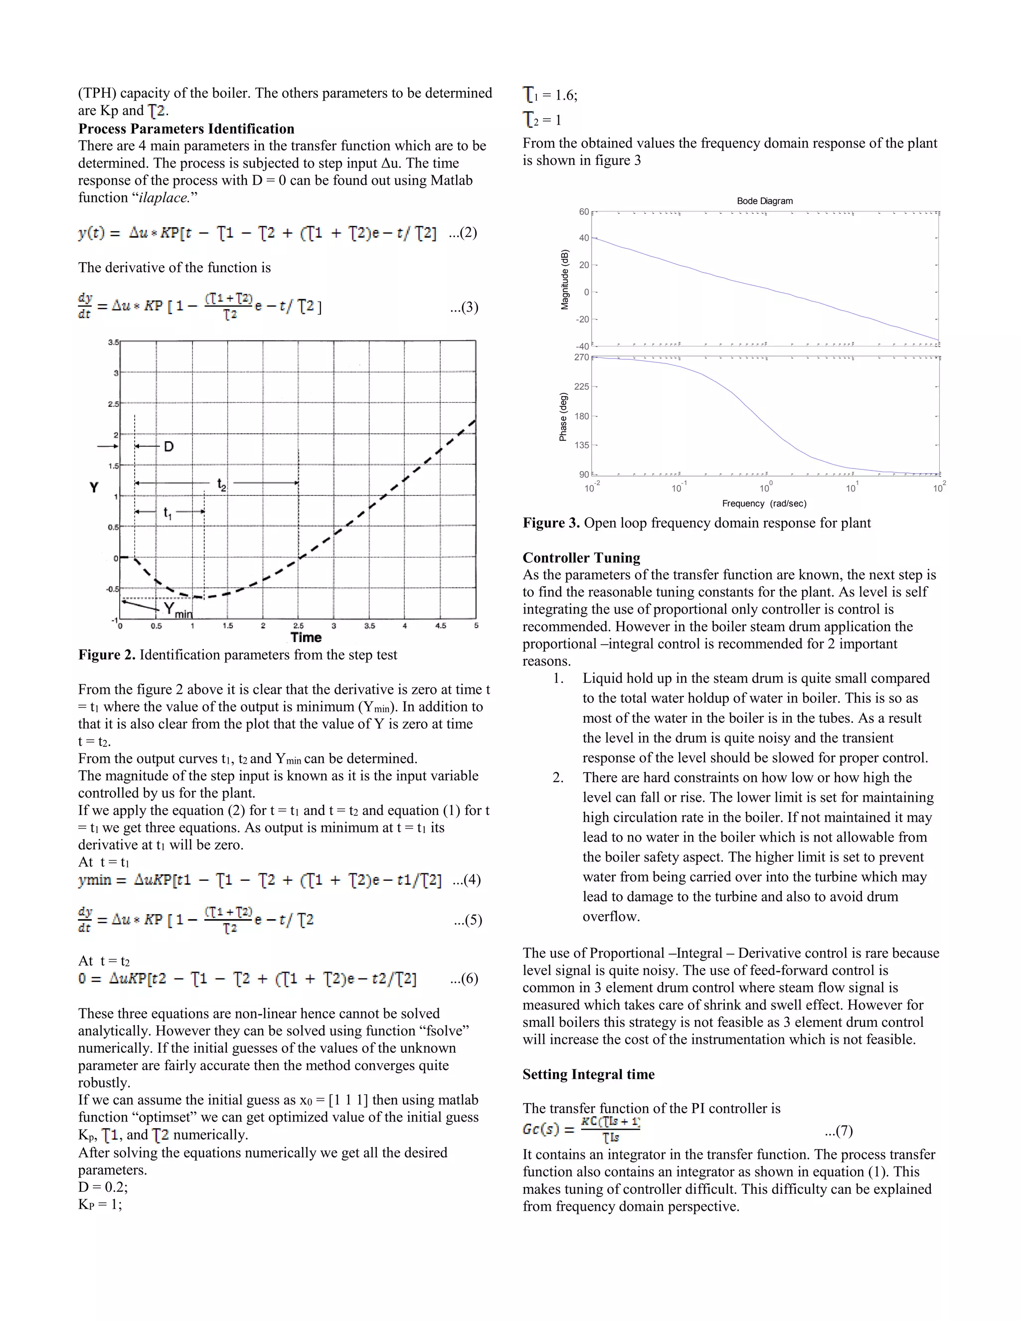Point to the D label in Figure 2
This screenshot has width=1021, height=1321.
169,446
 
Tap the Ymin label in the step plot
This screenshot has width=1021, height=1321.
177,610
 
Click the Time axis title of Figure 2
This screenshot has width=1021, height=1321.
306,638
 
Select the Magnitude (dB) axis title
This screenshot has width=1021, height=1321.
565,280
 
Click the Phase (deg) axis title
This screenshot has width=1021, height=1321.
563,417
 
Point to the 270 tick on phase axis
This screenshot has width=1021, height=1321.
581,357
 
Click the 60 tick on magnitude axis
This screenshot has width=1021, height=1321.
584,212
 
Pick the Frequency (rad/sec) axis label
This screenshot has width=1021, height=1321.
764,503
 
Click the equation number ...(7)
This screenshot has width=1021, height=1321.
839,1131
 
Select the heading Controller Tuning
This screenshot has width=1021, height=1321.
581,558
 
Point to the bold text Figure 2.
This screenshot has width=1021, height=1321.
107,655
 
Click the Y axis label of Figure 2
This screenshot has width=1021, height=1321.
94,488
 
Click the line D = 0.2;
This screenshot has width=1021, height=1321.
103,1187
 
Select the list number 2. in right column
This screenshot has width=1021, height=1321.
558,778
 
